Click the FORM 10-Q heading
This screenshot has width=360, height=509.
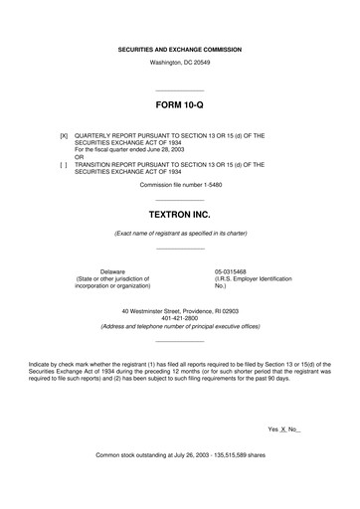[x=179, y=103]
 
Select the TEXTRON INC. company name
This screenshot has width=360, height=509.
[x=179, y=214]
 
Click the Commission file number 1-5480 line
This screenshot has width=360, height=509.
[x=179, y=185]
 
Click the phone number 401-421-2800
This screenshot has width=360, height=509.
[x=179, y=318]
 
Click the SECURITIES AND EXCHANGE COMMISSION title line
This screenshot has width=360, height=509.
[x=179, y=48]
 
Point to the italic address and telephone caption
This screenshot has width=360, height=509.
[x=179, y=327]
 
